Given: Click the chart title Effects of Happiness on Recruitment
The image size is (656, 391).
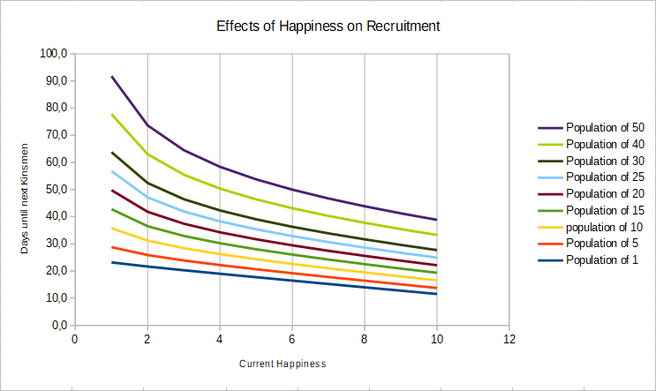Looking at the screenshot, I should (328, 26).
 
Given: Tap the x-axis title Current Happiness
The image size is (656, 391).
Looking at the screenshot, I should (283, 364).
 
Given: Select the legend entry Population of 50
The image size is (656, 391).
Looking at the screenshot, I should (605, 127).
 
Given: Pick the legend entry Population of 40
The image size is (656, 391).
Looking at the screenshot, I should (605, 144).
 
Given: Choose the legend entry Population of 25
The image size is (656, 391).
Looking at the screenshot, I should (605, 177).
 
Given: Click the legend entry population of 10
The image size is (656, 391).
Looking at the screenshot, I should (605, 227).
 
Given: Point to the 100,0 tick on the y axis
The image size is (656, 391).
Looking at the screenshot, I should (54, 54).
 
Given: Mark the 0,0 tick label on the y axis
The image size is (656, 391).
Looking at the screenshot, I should (59, 326).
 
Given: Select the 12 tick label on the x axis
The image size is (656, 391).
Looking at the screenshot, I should (509, 339).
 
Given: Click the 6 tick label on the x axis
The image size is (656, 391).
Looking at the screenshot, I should (291, 339).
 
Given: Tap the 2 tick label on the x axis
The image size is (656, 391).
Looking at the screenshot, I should (147, 339).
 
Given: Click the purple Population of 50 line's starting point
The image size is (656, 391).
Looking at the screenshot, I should (111, 77).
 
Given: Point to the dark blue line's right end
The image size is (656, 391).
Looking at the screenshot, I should (436, 294).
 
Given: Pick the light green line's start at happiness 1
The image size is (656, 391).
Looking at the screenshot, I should (111, 115).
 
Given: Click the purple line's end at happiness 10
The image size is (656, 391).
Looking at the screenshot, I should (436, 220).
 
